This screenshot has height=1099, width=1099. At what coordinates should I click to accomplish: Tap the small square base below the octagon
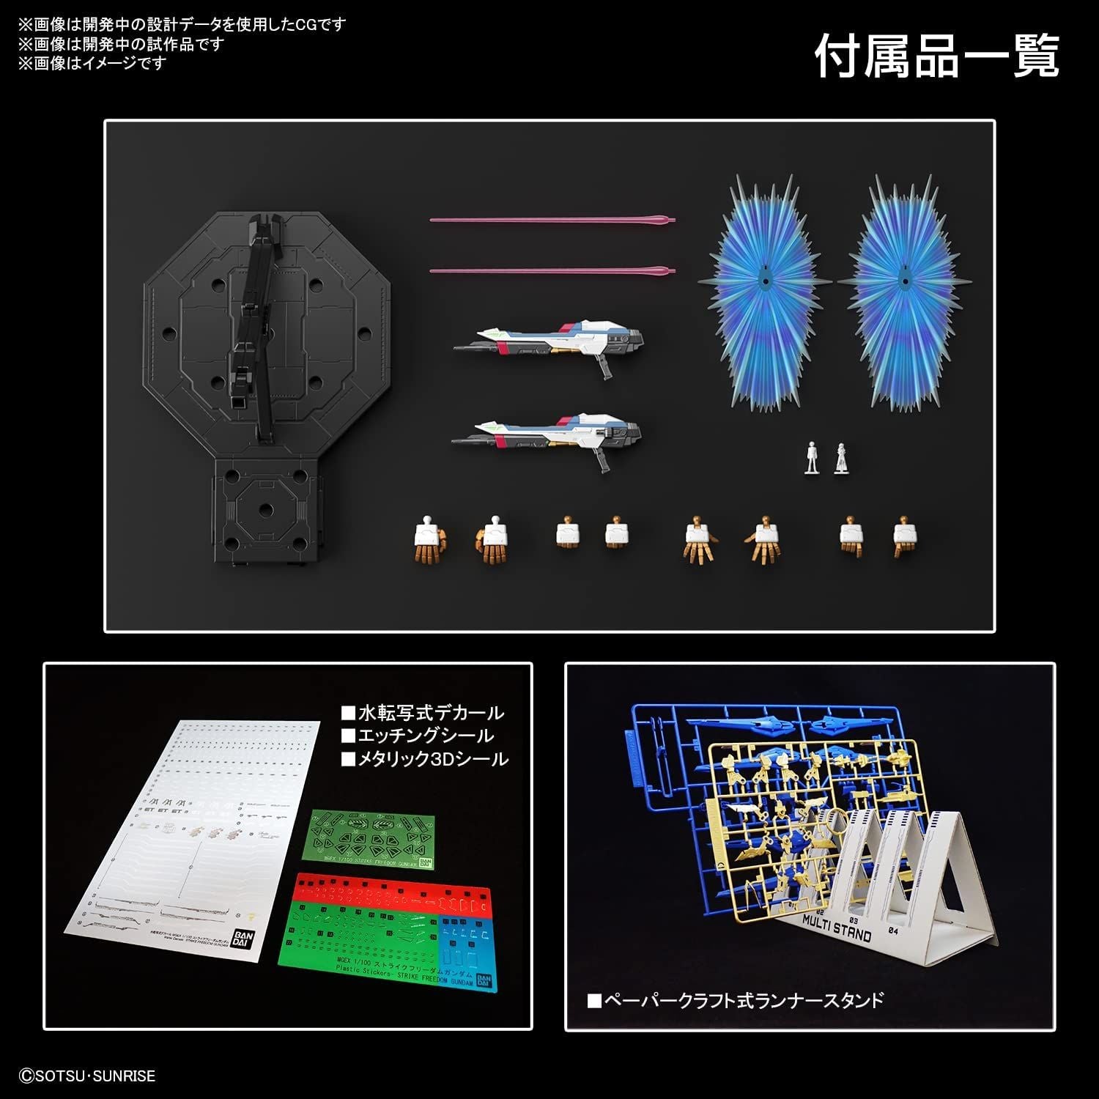267,513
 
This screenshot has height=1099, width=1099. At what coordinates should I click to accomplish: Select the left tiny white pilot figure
811,458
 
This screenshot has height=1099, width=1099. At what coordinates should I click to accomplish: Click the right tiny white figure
840,458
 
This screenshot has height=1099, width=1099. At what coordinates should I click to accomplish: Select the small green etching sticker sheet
370,839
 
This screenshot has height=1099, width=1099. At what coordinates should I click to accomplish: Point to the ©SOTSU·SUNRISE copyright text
87,1076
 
